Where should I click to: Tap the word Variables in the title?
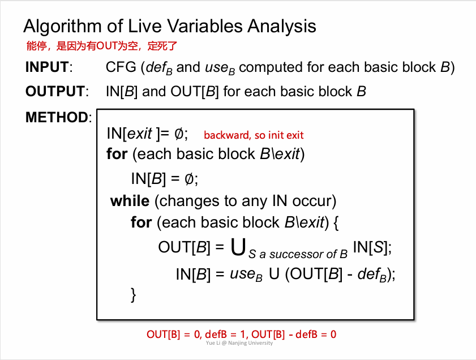[205, 26]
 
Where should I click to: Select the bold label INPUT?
[48, 67]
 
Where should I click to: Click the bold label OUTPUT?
[55, 91]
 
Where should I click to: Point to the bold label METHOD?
[57, 117]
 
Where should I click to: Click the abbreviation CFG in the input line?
[121, 67]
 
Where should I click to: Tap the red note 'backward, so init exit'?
[254, 135]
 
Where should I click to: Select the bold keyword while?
[130, 201]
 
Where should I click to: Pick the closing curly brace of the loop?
[133, 295]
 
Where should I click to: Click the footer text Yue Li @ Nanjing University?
[239, 343]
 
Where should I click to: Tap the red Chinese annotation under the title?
[102, 46]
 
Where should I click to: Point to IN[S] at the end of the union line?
[372, 247]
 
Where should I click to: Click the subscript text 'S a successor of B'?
[298, 254]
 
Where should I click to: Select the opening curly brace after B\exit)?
[336, 222]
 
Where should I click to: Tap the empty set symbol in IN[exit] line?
[179, 133]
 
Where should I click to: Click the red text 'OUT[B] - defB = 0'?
[294, 334]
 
